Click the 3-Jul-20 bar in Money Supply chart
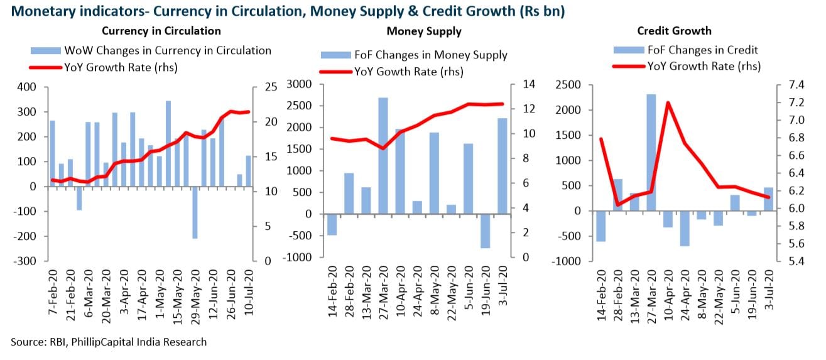click(x=502, y=166)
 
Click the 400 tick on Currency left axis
click(x=28, y=87)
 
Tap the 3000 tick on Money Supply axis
click(x=300, y=85)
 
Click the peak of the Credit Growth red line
click(x=667, y=102)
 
